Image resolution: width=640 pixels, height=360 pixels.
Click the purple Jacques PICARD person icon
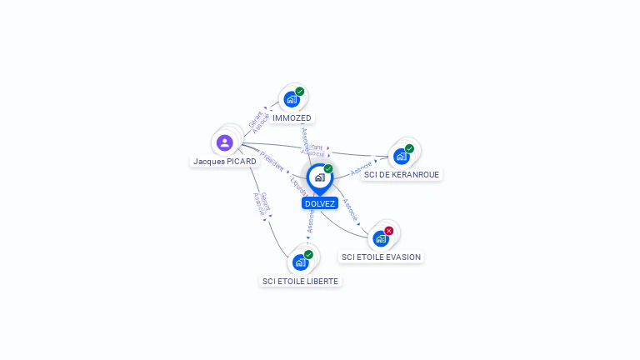click(x=225, y=142)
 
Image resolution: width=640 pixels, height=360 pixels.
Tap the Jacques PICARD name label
click(x=225, y=161)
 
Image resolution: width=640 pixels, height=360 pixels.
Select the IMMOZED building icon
click(x=291, y=99)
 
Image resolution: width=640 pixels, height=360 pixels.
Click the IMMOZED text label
click(x=292, y=118)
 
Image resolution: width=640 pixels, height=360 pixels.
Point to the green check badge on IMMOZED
click(x=300, y=92)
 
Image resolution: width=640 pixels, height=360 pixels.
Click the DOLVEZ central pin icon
click(x=319, y=177)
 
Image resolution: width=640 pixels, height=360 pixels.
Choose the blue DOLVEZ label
click(x=320, y=203)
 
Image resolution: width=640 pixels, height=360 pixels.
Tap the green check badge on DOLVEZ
click(x=328, y=169)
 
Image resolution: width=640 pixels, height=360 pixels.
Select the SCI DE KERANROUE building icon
click(x=402, y=156)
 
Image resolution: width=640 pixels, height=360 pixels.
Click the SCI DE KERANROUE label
click(x=402, y=175)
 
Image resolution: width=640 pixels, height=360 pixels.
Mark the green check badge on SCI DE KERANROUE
click(x=409, y=148)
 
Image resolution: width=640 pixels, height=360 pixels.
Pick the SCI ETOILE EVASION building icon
click(x=381, y=238)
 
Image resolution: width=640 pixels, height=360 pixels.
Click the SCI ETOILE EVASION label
click(x=382, y=257)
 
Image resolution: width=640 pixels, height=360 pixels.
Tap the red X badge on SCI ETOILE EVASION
click(x=389, y=231)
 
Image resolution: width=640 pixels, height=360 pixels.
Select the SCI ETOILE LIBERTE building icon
click(x=300, y=262)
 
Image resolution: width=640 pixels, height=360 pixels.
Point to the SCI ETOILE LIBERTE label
click(x=301, y=282)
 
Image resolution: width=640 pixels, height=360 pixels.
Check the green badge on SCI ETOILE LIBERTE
click(x=308, y=255)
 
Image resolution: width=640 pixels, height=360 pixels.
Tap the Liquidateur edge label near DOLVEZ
click(x=297, y=186)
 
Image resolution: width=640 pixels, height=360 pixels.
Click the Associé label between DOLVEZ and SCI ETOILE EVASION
click(x=351, y=209)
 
